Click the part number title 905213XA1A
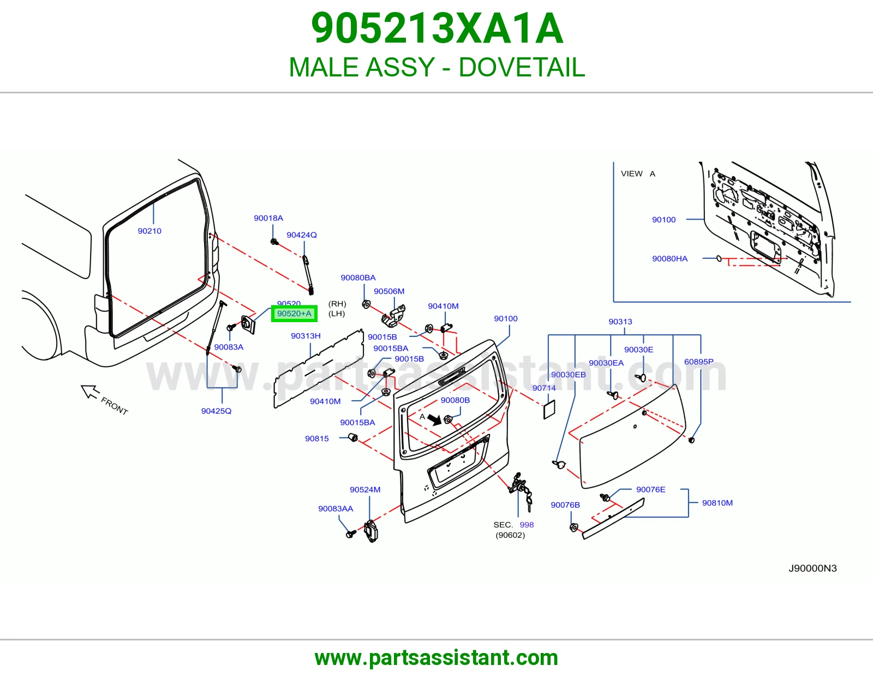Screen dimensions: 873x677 437,28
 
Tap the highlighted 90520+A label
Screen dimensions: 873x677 294,313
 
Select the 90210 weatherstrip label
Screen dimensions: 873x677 150,231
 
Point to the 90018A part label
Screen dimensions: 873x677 268,218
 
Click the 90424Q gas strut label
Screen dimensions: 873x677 301,235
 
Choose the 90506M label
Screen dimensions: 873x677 389,291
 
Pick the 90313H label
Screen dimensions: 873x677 306,336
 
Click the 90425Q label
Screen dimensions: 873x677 216,411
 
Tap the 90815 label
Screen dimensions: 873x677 316,438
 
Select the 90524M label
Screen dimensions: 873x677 365,490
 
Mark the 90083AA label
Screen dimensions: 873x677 336,508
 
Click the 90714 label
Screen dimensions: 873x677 544,388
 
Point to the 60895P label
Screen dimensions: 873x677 698,361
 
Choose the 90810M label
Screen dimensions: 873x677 717,502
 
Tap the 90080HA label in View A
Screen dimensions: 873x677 669,258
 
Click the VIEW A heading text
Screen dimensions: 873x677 638,174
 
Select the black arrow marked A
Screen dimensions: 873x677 434,420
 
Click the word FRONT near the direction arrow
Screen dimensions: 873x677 115,406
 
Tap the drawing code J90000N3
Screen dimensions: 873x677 812,568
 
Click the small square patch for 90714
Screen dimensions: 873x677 549,409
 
